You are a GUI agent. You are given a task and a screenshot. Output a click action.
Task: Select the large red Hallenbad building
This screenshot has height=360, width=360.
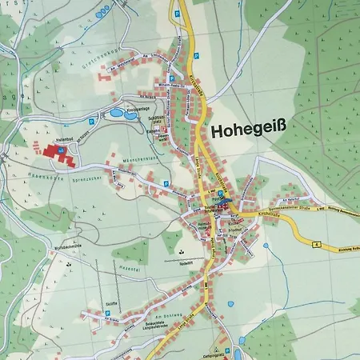(55, 150)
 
